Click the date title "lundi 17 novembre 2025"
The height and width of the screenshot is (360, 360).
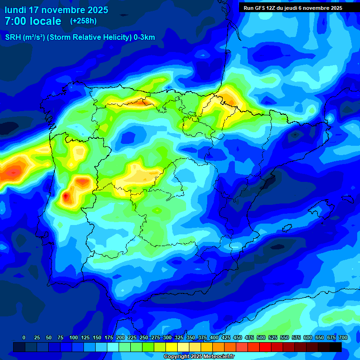[56, 10]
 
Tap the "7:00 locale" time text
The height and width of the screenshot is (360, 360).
[33, 21]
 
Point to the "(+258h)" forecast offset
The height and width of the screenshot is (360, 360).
[83, 21]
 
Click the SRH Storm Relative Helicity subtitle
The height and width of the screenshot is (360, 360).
[80, 37]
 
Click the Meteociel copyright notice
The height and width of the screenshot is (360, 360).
[199, 357]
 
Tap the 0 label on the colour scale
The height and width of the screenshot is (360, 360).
[24, 338]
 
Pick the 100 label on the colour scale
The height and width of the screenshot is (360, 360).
[73, 338]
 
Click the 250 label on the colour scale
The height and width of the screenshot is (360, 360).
[143, 338]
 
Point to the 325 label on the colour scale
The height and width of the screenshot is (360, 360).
[179, 338]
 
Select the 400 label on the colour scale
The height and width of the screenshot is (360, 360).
[214, 338]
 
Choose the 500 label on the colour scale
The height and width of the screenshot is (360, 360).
[261, 338]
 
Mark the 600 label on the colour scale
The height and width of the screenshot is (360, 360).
[307, 338]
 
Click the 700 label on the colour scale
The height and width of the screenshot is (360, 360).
[343, 338]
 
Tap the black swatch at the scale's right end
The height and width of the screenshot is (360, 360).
[336, 347]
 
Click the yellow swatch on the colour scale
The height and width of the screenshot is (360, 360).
[172, 347]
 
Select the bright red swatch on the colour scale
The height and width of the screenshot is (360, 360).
[265, 347]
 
